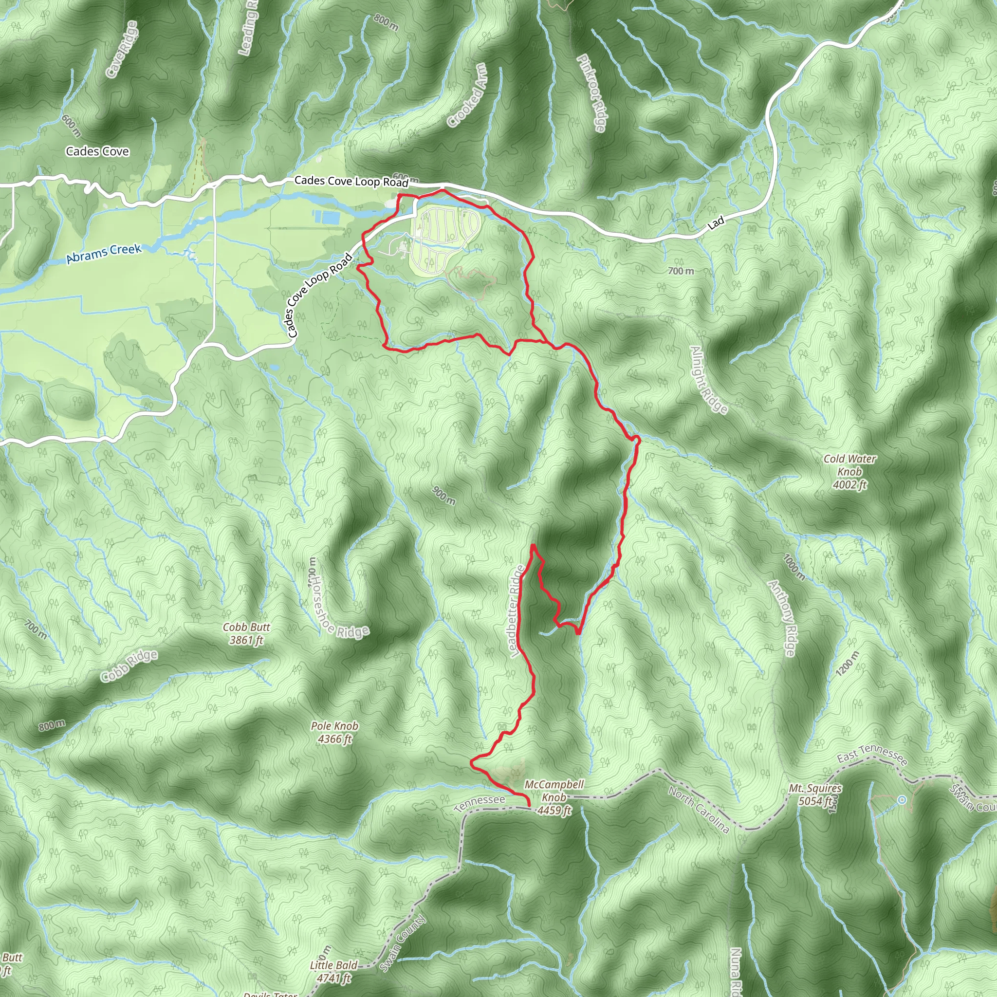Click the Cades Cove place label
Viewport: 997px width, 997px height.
(x=97, y=151)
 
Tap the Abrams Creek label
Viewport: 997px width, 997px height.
(x=104, y=253)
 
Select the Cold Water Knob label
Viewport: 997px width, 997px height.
(x=849, y=471)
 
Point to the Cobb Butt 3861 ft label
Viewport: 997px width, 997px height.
(x=246, y=633)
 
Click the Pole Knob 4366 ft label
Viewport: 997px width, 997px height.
(x=334, y=732)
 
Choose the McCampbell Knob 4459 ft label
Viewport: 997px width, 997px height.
(x=554, y=797)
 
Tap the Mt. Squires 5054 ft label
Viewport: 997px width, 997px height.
(x=815, y=794)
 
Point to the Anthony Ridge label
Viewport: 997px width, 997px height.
(x=782, y=618)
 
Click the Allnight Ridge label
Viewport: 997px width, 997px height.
(x=709, y=380)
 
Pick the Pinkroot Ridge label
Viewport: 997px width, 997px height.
(x=591, y=93)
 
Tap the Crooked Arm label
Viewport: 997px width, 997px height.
(x=467, y=95)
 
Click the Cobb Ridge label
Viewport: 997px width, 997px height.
(x=129, y=665)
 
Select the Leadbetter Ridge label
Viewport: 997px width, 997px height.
(x=517, y=611)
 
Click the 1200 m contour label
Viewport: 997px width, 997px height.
(x=848, y=663)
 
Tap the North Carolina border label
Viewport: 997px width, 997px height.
(x=699, y=810)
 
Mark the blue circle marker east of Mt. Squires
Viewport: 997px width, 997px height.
(x=902, y=800)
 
